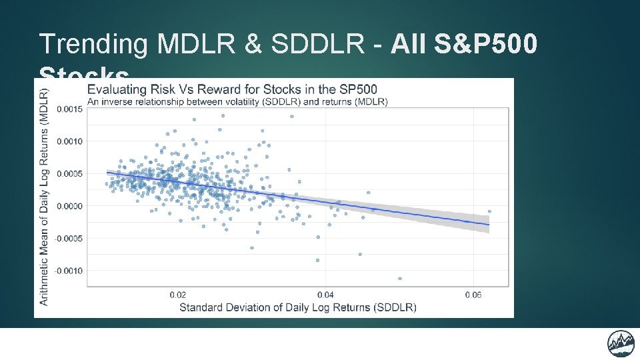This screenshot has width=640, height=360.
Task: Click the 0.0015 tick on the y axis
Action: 69,109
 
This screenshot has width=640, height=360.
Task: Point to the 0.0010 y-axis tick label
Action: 69,141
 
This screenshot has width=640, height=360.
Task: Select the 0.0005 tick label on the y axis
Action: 69,173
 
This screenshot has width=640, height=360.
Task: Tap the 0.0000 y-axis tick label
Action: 69,206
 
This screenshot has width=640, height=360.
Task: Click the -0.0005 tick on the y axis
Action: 67,238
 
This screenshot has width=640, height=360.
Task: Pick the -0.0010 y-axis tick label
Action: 67,271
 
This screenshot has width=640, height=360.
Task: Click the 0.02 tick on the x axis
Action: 178,295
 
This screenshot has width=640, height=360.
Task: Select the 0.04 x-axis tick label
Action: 325,295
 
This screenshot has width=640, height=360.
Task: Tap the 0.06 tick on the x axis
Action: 473,295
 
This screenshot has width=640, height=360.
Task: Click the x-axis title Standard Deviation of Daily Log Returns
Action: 297,307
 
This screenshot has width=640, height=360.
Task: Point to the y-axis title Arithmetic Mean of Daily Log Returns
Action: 44,197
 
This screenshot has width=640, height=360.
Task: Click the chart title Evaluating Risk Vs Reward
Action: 232,89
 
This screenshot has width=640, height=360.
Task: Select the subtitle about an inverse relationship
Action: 237,101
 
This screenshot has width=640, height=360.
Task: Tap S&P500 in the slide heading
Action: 485,44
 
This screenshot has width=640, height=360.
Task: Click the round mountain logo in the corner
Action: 620,343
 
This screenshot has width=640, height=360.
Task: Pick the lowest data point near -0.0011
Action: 400,278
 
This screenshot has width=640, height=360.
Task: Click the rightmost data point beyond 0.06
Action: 489,211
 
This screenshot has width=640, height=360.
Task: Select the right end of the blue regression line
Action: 489,225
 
